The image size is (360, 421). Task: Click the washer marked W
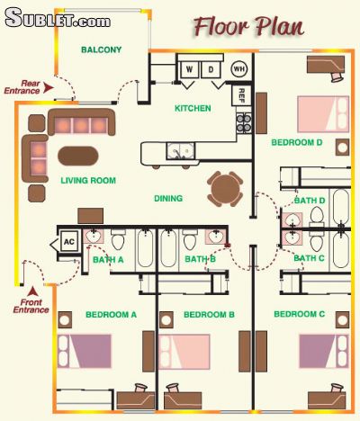[189, 69]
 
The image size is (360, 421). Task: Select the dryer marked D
[211, 69]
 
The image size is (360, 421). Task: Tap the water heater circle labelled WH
[239, 69]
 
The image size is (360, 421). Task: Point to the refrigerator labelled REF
[241, 95]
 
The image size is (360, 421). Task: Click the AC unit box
[69, 241]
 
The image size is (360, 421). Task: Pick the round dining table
[225, 189]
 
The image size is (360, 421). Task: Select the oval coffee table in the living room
[78, 156]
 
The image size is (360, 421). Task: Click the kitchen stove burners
[244, 123]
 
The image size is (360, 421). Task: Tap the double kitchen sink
[181, 151]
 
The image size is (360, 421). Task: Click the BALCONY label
[102, 49]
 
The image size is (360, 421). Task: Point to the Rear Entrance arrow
[48, 88]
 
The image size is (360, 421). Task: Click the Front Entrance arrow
[33, 291]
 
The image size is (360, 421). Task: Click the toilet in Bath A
[118, 239]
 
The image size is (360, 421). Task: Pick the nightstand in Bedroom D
[342, 148]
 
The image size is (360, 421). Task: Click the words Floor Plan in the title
[248, 27]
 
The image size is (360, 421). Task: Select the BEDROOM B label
[209, 315]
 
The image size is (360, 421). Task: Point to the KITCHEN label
[193, 108]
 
